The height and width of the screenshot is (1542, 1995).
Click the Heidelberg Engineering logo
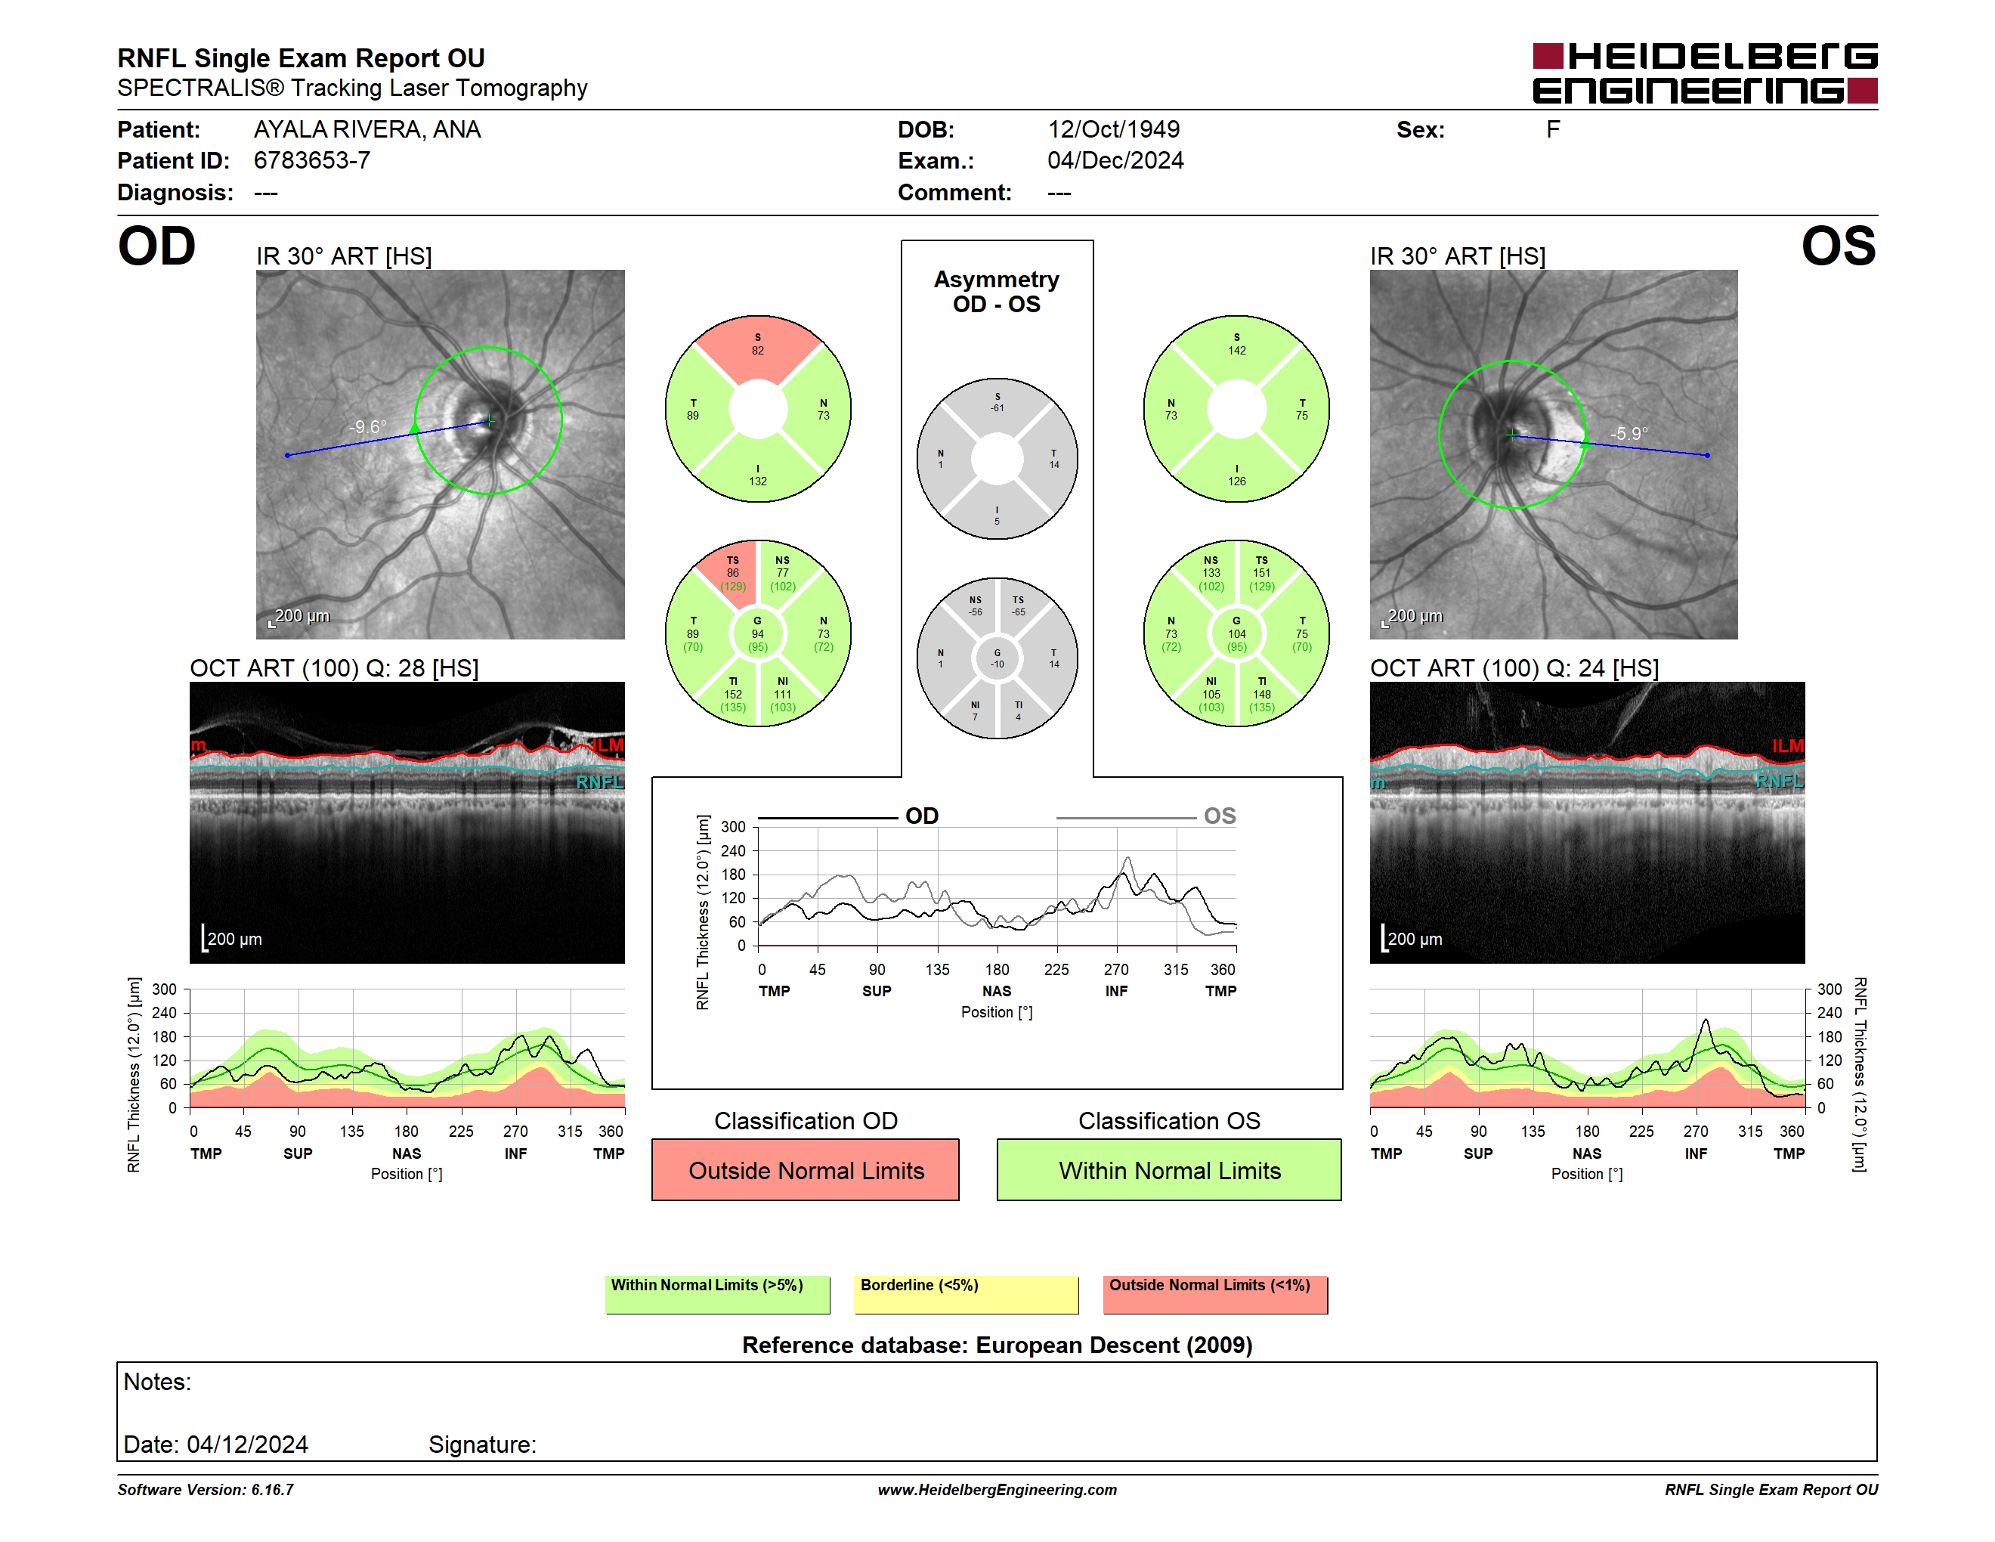point(1705,73)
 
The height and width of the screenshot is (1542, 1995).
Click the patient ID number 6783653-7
point(311,161)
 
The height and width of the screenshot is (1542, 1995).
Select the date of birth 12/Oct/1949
point(1114,130)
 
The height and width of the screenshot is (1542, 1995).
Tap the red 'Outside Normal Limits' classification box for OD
point(806,1169)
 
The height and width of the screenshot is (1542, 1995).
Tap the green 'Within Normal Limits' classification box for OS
point(1169,1169)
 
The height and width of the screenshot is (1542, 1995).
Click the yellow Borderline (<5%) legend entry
point(966,1294)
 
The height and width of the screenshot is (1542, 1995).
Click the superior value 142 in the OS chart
point(1237,351)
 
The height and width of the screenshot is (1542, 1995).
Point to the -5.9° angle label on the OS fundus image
point(1628,434)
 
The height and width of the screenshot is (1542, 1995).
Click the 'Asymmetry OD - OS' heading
point(997,292)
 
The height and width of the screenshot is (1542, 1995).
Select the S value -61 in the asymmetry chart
point(998,408)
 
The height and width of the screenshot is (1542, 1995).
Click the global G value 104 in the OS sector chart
point(1237,634)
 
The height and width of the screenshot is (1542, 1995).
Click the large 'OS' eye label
point(1838,246)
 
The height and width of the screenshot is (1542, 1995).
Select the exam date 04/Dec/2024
point(1115,161)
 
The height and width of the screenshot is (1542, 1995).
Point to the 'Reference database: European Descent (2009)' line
point(997,1345)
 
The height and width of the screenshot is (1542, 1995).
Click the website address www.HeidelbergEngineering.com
point(998,1490)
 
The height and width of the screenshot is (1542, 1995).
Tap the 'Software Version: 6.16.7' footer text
point(206,1490)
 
